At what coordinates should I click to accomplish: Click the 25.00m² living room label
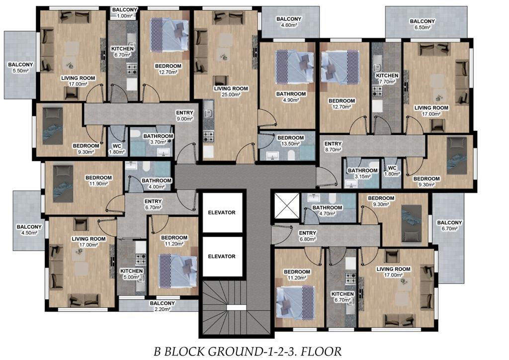[231, 91]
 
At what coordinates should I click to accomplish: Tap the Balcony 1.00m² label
[125, 12]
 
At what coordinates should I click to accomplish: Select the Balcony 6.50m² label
[422, 24]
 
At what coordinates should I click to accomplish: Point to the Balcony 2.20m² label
[163, 306]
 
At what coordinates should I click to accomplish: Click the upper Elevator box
[222, 213]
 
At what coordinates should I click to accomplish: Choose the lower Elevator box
[222, 257]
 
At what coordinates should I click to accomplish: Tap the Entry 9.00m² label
[184, 115]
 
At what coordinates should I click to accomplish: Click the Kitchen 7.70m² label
[387, 79]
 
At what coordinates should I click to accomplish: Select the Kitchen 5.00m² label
[131, 274]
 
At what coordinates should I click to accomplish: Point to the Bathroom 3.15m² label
[362, 174]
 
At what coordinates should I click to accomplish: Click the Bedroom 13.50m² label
[290, 141]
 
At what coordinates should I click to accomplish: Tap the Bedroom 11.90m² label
[99, 181]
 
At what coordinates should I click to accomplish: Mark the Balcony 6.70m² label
[449, 226]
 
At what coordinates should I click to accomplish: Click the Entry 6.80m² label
[307, 236]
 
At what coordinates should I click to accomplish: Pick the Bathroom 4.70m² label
[327, 210]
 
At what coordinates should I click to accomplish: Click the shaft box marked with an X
[287, 206]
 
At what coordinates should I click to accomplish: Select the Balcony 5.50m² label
[20, 68]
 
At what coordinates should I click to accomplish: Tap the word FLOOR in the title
[323, 351]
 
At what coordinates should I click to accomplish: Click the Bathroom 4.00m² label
[157, 183]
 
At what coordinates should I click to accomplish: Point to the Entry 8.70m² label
[333, 146]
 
